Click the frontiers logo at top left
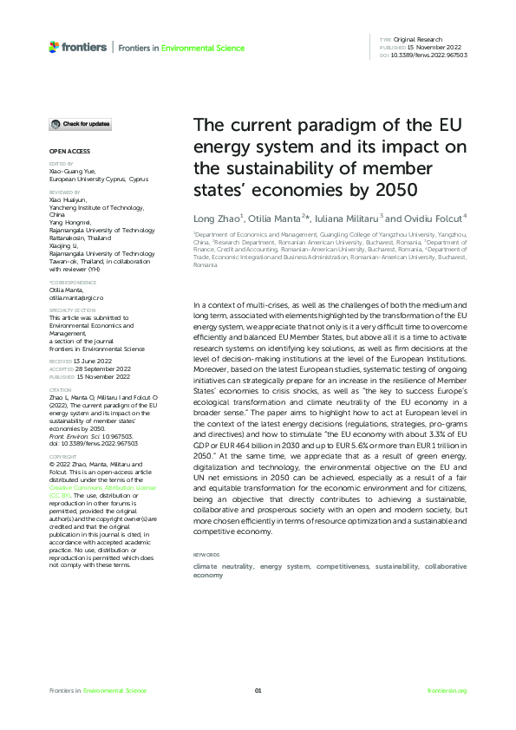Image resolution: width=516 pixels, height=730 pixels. coord(78,46)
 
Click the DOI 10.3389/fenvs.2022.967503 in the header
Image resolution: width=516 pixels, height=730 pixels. coord(430,55)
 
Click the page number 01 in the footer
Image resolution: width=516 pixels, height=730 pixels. coord(258,690)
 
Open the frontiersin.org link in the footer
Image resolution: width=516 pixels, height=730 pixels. coord(447,690)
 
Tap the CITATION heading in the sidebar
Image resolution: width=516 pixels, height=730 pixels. coord(61,390)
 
